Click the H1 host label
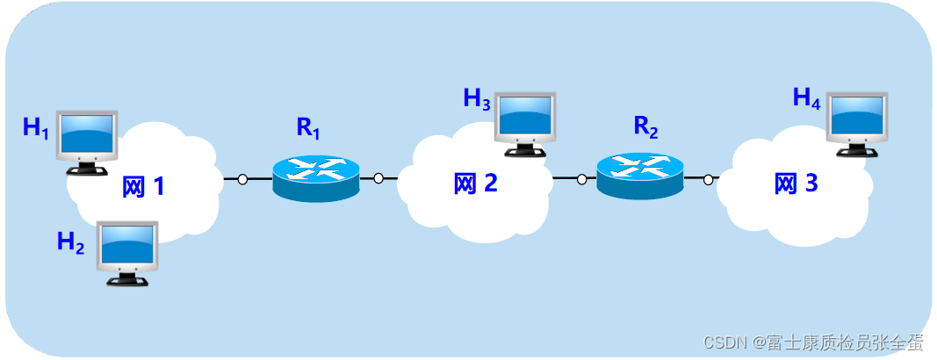pyautogui.click(x=35, y=128)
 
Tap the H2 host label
pyautogui.click(x=70, y=242)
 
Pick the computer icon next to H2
pyautogui.click(x=126, y=252)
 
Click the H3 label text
pyautogui.click(x=477, y=98)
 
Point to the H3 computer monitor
pyautogui.click(x=525, y=121)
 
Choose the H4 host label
pyautogui.click(x=806, y=97)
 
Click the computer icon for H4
pyautogui.click(x=857, y=121)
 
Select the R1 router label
pyautogui.click(x=308, y=127)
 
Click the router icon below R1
pyautogui.click(x=315, y=177)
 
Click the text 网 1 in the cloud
pyautogui.click(x=143, y=187)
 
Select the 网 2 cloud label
pyautogui.click(x=475, y=184)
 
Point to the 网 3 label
pyautogui.click(x=796, y=184)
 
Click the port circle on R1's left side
pyautogui.click(x=242, y=179)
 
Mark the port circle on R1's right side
pyautogui.click(x=378, y=178)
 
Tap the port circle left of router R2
pyautogui.click(x=581, y=179)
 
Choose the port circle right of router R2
pyautogui.click(x=708, y=179)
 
